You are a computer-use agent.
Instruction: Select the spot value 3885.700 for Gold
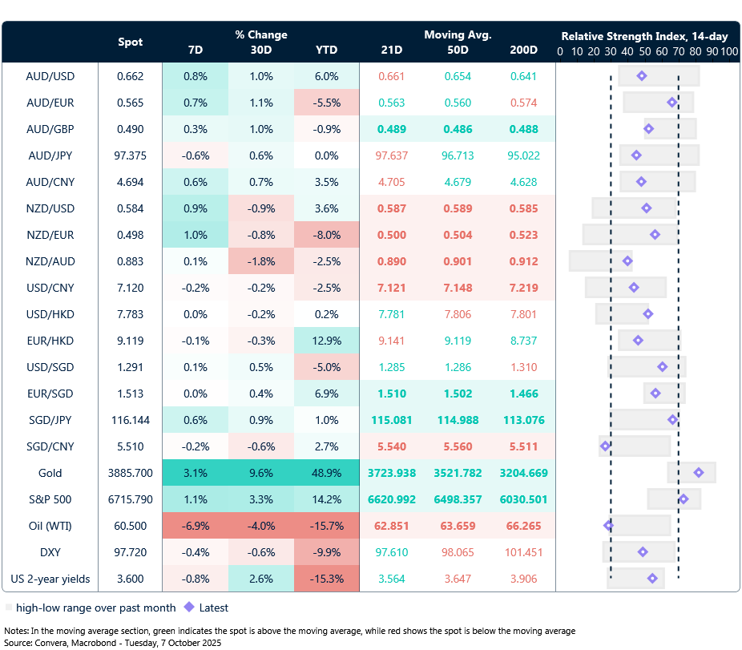(130, 473)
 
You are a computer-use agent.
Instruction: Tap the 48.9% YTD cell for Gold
(326, 473)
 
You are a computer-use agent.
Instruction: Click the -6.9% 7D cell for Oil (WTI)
(195, 526)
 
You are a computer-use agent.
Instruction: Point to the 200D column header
(523, 50)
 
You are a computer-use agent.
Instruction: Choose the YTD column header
(326, 50)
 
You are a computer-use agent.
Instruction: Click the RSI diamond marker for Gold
(699, 473)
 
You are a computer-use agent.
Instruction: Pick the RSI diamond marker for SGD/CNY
(606, 446)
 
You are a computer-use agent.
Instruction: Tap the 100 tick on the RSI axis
(728, 51)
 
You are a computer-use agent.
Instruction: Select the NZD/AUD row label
(50, 261)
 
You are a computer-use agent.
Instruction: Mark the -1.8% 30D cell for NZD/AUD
(260, 261)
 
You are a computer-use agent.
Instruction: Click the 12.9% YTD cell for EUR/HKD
(326, 341)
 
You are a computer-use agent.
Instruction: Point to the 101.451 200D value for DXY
(523, 552)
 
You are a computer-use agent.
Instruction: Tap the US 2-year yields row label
(50, 579)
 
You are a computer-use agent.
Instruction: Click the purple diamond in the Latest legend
(189, 608)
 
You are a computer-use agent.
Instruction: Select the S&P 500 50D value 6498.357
(457, 499)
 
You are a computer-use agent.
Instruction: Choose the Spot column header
(131, 42)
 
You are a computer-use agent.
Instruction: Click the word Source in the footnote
(20, 643)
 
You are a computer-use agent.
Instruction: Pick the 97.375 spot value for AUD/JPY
(130, 155)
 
